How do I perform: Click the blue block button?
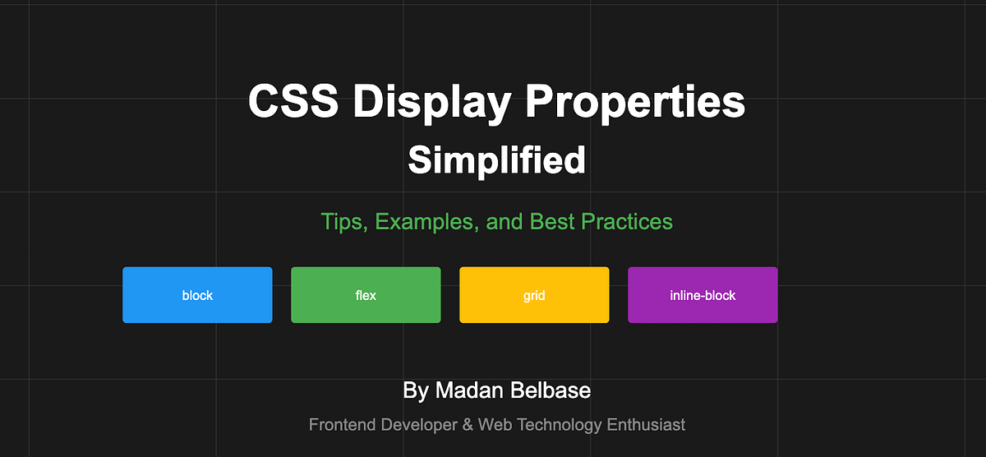click(x=197, y=295)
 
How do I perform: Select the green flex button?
click(x=366, y=295)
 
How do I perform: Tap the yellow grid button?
click(x=534, y=295)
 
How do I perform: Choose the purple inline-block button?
click(x=703, y=295)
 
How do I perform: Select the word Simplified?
click(x=496, y=159)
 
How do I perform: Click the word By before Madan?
click(x=415, y=390)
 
